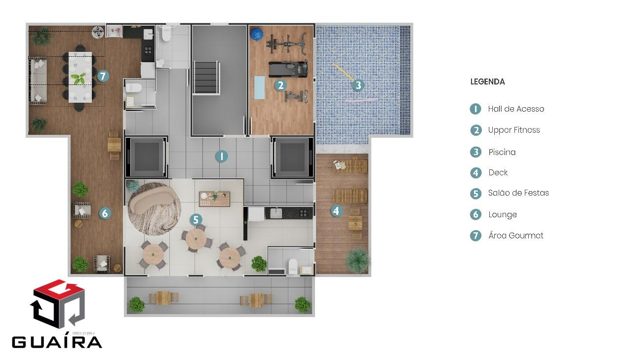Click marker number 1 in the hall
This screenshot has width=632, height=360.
click(222, 156)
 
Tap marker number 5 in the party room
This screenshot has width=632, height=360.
click(196, 219)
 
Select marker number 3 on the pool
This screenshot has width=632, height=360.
click(358, 85)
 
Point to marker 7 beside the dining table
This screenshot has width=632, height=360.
click(103, 76)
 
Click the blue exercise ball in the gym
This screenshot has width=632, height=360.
click(256, 34)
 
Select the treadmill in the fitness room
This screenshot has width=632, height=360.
click(288, 69)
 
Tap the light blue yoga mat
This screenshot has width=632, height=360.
click(260, 87)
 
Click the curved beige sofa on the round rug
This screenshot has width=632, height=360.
click(151, 200)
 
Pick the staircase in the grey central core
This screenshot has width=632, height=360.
click(206, 77)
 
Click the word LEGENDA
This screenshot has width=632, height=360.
click(487, 82)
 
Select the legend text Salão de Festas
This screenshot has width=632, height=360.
click(518, 193)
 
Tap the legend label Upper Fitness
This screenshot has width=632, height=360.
click(514, 130)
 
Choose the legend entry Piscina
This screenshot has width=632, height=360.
click(502, 152)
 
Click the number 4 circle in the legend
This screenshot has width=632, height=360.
click(475, 173)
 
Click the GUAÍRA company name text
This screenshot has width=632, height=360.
click(57, 342)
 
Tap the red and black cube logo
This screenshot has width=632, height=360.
click(58, 304)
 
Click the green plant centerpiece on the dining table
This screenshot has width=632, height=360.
click(79, 79)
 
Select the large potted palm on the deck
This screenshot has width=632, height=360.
click(358, 261)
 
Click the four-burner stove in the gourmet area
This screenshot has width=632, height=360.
click(148, 51)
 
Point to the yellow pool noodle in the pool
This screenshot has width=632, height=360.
click(344, 72)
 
